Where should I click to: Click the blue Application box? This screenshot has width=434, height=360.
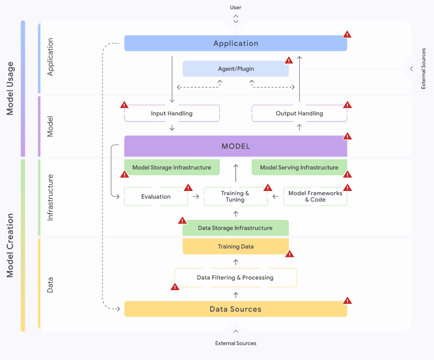click(236, 43)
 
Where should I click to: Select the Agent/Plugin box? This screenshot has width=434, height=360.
click(236, 69)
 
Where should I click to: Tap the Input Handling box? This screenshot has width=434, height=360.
click(172, 113)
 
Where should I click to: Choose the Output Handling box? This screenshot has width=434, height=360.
click(299, 113)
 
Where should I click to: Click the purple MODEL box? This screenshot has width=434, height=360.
click(236, 146)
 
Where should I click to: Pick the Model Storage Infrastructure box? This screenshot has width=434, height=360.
click(172, 168)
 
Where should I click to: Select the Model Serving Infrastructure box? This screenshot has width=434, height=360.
click(299, 168)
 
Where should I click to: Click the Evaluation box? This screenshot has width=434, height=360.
click(156, 196)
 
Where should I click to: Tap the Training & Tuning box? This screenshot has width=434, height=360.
click(235, 196)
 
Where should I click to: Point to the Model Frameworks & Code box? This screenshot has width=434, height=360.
click(315, 196)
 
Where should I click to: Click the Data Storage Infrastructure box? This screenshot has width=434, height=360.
click(235, 228)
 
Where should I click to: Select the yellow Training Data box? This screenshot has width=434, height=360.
click(236, 246)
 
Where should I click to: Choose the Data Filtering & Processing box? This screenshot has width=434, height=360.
click(235, 277)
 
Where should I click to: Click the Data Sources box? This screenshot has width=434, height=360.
click(236, 309)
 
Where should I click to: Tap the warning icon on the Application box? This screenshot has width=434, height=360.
click(347, 34)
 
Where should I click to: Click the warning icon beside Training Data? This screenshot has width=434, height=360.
click(289, 254)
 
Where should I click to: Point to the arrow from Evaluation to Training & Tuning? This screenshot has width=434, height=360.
click(195, 196)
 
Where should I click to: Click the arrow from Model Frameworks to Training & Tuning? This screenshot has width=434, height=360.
click(276, 196)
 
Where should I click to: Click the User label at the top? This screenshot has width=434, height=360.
click(236, 7)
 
